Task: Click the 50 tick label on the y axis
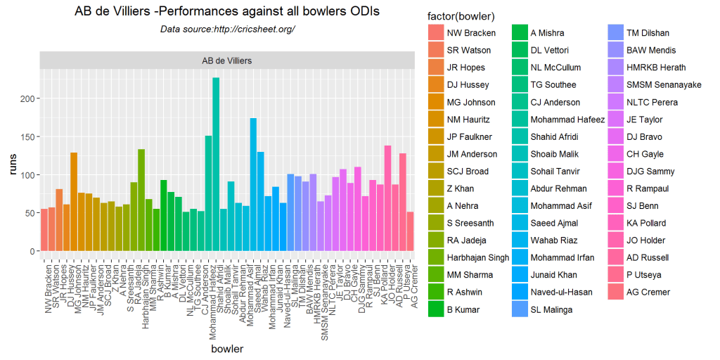tap(30, 213)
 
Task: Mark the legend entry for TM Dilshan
tap(638, 33)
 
